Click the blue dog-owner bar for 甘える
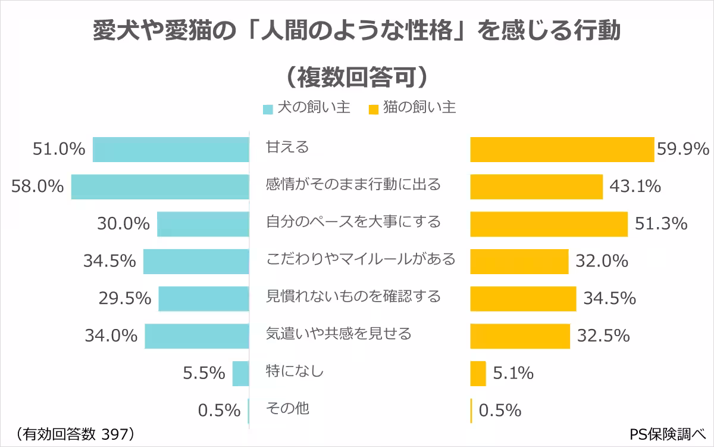pyautogui.click(x=171, y=149)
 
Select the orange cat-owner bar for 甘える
pyautogui.click(x=562, y=149)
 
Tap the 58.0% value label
pyautogui.click(x=37, y=187)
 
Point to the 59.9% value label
pyautogui.click(x=683, y=149)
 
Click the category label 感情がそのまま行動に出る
pyautogui.click(x=353, y=185)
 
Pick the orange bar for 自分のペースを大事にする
pyautogui.click(x=549, y=223)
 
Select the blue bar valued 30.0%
pyautogui.click(x=203, y=223)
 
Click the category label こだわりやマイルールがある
pyautogui.click(x=360, y=259)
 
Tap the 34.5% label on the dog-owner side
pyautogui.click(x=109, y=261)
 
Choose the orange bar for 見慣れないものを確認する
pyautogui.click(x=523, y=298)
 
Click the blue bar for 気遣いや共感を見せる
pyautogui.click(x=196, y=336)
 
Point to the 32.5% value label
pyautogui.click(x=603, y=336)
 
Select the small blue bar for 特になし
pyautogui.click(x=240, y=373)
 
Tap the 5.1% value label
pyautogui.click(x=513, y=374)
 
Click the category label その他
pyautogui.click(x=287, y=409)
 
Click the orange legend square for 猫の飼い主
pyautogui.click(x=374, y=110)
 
